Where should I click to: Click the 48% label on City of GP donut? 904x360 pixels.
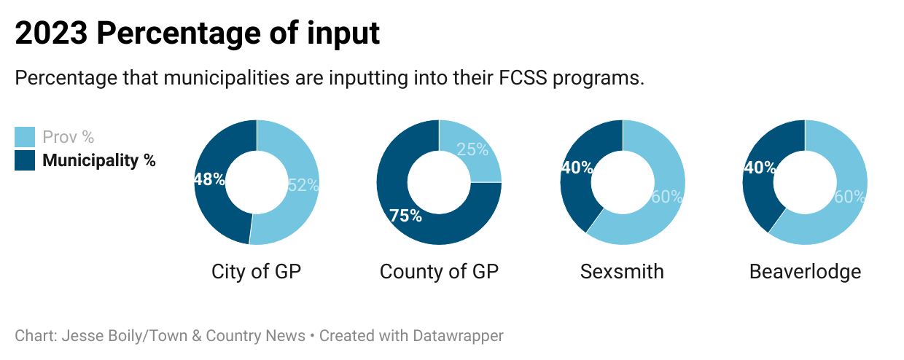(x=209, y=179)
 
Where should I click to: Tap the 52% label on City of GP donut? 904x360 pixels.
(x=303, y=185)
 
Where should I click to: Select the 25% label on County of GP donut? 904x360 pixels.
(x=472, y=150)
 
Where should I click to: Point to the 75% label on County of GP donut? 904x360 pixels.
(x=405, y=216)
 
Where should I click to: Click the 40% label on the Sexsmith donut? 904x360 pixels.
(x=577, y=168)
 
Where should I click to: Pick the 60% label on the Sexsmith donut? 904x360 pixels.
(x=666, y=197)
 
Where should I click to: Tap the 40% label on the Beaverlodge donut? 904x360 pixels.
(x=759, y=168)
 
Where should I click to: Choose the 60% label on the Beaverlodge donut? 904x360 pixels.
(x=849, y=197)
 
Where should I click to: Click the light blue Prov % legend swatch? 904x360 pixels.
(x=25, y=137)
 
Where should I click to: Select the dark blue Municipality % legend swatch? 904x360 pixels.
(x=25, y=160)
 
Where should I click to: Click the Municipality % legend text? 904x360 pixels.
(x=99, y=160)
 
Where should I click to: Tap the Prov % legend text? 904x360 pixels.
(x=69, y=137)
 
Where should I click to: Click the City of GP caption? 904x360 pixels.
(x=256, y=272)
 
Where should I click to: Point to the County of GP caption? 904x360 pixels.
(x=439, y=272)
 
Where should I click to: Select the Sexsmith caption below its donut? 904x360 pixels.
(x=622, y=272)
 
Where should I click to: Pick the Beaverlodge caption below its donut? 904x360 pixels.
(x=805, y=272)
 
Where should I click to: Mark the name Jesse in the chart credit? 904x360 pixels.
(x=83, y=336)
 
